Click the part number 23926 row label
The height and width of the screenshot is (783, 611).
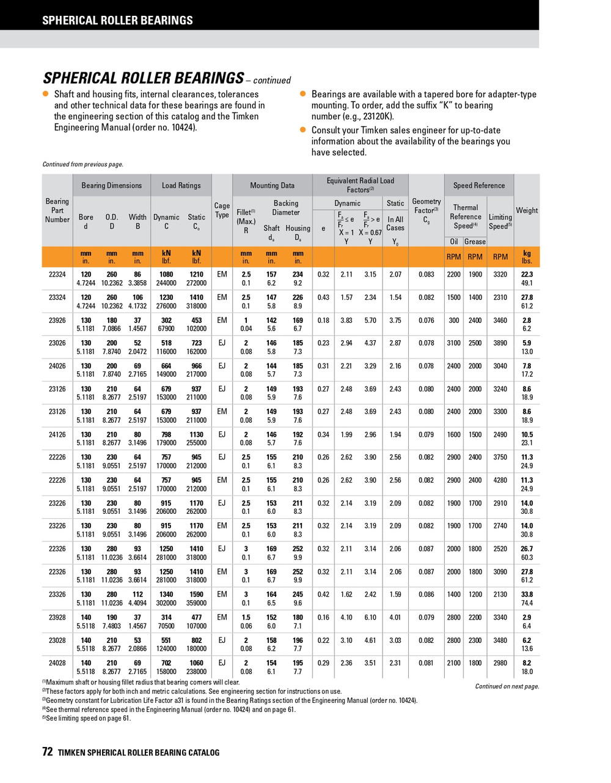[x=57, y=320]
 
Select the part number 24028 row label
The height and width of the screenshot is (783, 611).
[x=57, y=662]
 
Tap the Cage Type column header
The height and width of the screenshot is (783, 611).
[x=222, y=210]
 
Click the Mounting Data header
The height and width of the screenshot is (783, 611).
[x=272, y=185]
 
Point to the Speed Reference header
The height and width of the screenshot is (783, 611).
[x=479, y=185]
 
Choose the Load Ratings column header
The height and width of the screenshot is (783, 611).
[x=181, y=185]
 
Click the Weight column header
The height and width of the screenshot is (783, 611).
[x=527, y=210]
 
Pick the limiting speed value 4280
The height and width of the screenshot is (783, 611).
[x=500, y=480]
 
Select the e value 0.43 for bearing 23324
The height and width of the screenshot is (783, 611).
[x=323, y=297]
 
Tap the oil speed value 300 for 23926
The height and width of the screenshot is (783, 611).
[x=453, y=320]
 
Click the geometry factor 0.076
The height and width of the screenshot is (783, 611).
[x=426, y=320]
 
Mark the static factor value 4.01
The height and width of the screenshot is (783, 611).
[x=395, y=617]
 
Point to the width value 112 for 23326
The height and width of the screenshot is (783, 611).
[x=137, y=594]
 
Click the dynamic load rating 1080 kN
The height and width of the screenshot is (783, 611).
[x=166, y=275]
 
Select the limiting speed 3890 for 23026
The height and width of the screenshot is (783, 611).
[x=500, y=343]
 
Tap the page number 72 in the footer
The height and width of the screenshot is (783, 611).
[x=48, y=752]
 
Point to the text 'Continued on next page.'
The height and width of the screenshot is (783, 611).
[x=507, y=686]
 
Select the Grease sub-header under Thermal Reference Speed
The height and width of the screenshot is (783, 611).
[x=475, y=242]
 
